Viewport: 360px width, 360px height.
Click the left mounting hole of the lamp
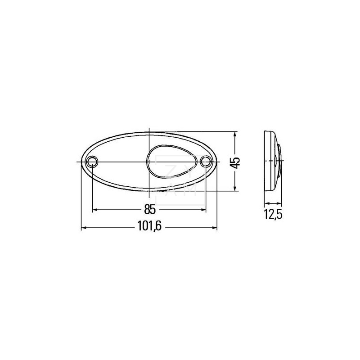(x=92, y=162)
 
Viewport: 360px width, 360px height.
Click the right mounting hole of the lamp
(x=206, y=162)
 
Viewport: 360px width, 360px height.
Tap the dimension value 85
(x=150, y=209)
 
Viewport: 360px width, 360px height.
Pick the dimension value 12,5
(x=273, y=215)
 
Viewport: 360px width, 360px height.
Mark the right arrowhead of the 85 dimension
(x=204, y=209)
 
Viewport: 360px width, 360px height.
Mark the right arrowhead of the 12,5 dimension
(x=279, y=203)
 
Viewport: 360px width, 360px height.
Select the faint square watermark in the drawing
(x=180, y=180)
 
